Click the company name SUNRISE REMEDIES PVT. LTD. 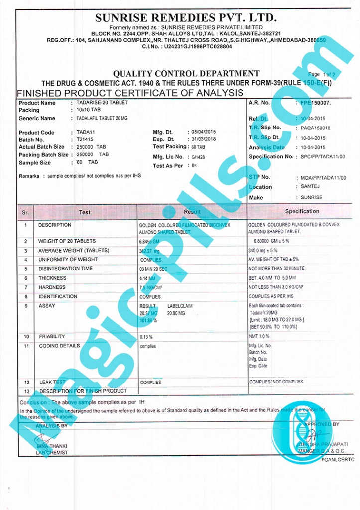pyautogui.click(x=186, y=18)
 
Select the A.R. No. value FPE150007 pyautogui.click(x=315, y=103)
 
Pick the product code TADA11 pyautogui.click(x=85, y=132)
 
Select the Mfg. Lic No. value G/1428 pyautogui.click(x=198, y=157)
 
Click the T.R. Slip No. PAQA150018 pyautogui.click(x=315, y=128)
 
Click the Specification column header pyautogui.click(x=302, y=211)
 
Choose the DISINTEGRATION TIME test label pyautogui.click(x=66, y=269)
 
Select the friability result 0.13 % pyautogui.click(x=146, y=337)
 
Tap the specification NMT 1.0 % pyautogui.click(x=260, y=337)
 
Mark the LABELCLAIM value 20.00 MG pyautogui.click(x=176, y=313)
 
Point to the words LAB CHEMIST pyautogui.click(x=52, y=453)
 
